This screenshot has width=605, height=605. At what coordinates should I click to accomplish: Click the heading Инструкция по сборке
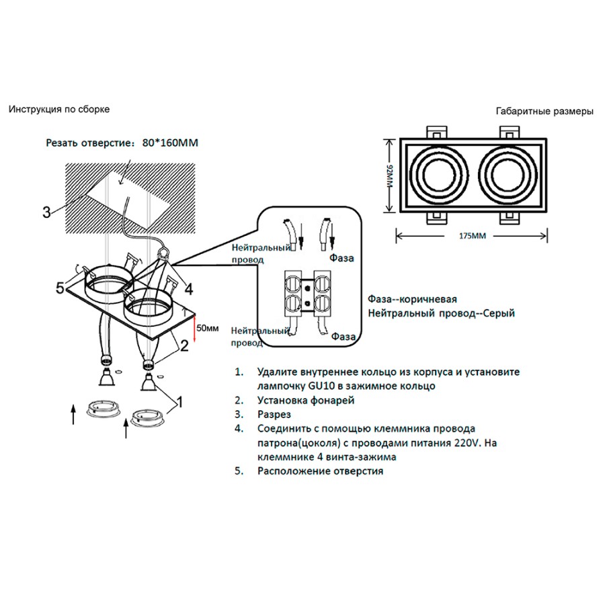59,109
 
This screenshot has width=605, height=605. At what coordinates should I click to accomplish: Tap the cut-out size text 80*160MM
172,143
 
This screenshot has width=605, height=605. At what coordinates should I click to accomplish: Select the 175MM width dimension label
472,236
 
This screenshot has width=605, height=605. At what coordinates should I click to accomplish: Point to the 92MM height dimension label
389,179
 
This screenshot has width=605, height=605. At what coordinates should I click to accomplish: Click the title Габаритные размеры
544,112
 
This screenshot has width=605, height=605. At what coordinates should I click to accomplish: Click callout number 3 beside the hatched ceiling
46,212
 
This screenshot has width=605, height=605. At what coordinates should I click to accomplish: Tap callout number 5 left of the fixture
61,288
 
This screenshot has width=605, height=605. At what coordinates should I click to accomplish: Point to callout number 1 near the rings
179,403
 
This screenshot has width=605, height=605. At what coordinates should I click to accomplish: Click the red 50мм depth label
209,328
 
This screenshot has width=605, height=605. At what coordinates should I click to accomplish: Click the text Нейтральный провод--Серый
442,313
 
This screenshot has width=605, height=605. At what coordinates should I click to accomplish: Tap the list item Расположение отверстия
320,471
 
